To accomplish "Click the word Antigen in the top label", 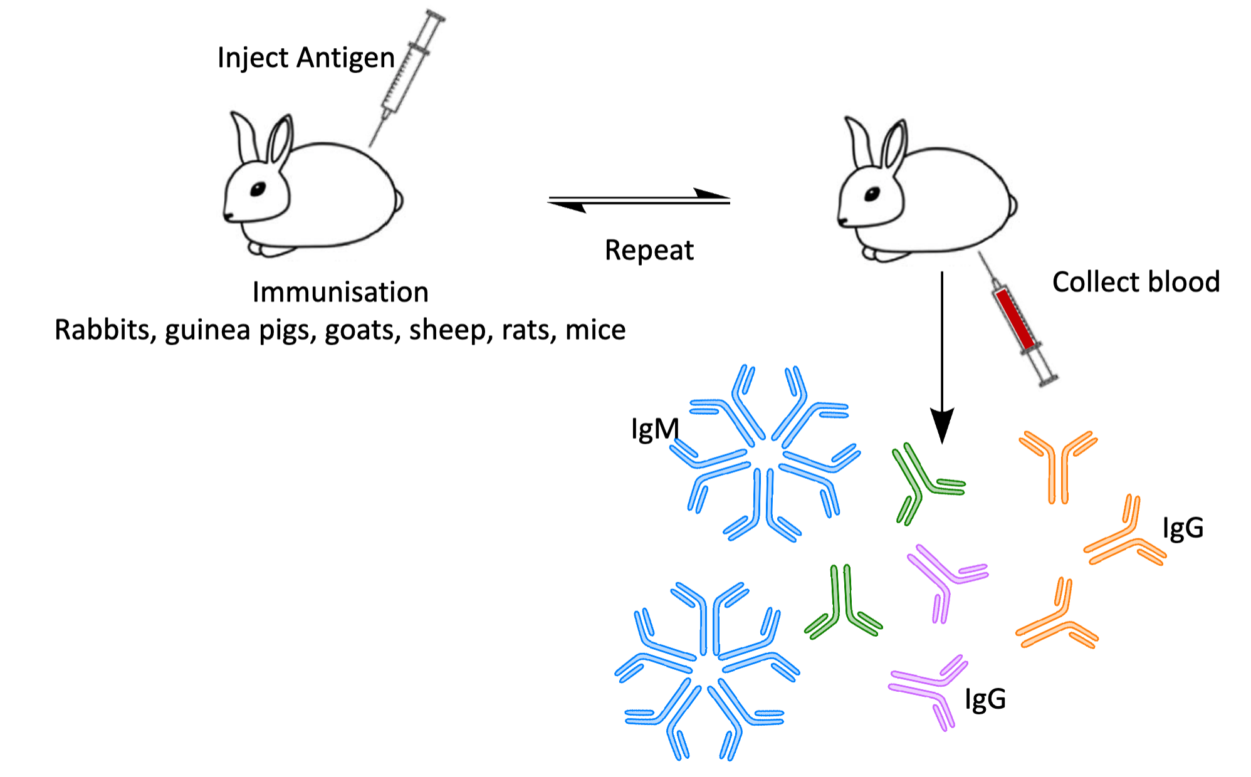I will coord(345,58).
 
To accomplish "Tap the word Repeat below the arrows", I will coord(649,251).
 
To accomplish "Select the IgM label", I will coord(654,430).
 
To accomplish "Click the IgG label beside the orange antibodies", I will coord(1183,528).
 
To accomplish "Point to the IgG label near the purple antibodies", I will coord(985,699).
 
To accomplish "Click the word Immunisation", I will coord(340,293).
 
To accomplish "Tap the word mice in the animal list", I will coord(595,330).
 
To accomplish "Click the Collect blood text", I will coord(1136,282).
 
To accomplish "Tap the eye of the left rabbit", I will coord(258,189).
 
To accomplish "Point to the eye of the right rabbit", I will coord(872,194).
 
